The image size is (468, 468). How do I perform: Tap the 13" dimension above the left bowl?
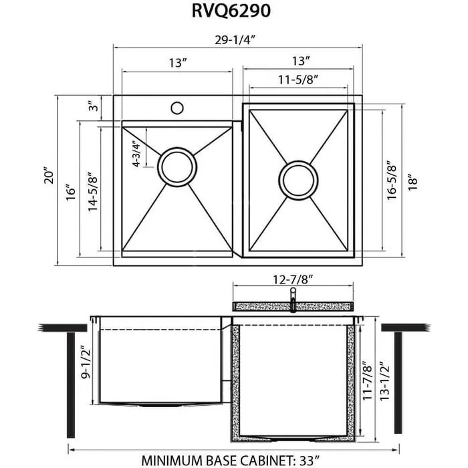[177, 64]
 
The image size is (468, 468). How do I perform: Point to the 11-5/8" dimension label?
[298, 79]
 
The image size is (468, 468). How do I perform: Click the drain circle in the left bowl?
[177, 163]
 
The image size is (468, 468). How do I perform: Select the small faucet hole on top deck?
[177, 107]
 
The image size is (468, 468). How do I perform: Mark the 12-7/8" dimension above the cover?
[293, 277]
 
